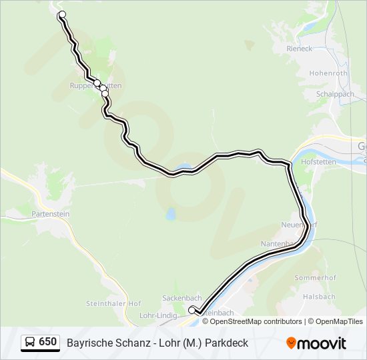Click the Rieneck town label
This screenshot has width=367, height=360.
[x=299, y=49]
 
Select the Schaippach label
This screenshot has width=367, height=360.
[x=335, y=95]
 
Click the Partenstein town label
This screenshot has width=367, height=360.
[x=51, y=214]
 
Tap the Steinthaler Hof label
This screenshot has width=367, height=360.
[x=113, y=303]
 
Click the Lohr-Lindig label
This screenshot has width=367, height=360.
[x=157, y=315]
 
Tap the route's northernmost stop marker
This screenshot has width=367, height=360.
[x=63, y=15]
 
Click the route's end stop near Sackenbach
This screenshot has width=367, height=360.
[x=192, y=309]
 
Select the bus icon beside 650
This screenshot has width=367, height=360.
[x=30, y=343]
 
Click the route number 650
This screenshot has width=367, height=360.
[x=47, y=342]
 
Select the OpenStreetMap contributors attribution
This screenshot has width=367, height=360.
[x=252, y=321]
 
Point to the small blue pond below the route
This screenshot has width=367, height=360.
[x=171, y=215]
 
